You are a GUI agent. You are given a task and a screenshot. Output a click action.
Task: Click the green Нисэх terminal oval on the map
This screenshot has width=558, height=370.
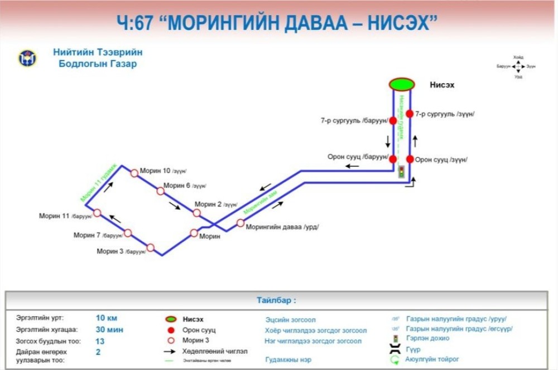402,84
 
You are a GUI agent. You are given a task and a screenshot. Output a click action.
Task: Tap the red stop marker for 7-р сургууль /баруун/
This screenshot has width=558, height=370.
393,121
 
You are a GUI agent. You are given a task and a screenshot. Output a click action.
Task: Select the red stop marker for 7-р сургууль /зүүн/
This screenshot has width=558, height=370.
409,114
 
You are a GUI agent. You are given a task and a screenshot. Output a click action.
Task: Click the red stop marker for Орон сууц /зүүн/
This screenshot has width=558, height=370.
410,159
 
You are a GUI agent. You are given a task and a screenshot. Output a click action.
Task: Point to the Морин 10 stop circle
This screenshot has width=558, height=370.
134,173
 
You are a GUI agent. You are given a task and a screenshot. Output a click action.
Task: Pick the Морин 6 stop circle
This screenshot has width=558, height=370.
161,191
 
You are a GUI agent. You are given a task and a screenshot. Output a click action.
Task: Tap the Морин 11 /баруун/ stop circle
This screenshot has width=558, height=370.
97,213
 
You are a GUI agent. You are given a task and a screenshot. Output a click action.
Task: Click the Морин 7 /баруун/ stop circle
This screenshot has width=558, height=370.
128,233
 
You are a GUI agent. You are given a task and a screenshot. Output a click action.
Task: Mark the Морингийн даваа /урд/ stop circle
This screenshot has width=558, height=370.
240,223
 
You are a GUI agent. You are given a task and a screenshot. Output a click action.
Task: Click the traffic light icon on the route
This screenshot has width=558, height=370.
401,172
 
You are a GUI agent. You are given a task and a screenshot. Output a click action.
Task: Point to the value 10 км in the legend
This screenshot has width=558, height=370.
107,318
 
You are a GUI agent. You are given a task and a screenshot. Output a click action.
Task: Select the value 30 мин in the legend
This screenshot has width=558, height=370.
109,329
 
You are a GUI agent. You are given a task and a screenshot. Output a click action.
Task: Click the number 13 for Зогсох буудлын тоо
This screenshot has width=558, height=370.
100,340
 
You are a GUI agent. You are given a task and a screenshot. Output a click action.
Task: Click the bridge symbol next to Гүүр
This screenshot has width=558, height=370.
396,349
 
